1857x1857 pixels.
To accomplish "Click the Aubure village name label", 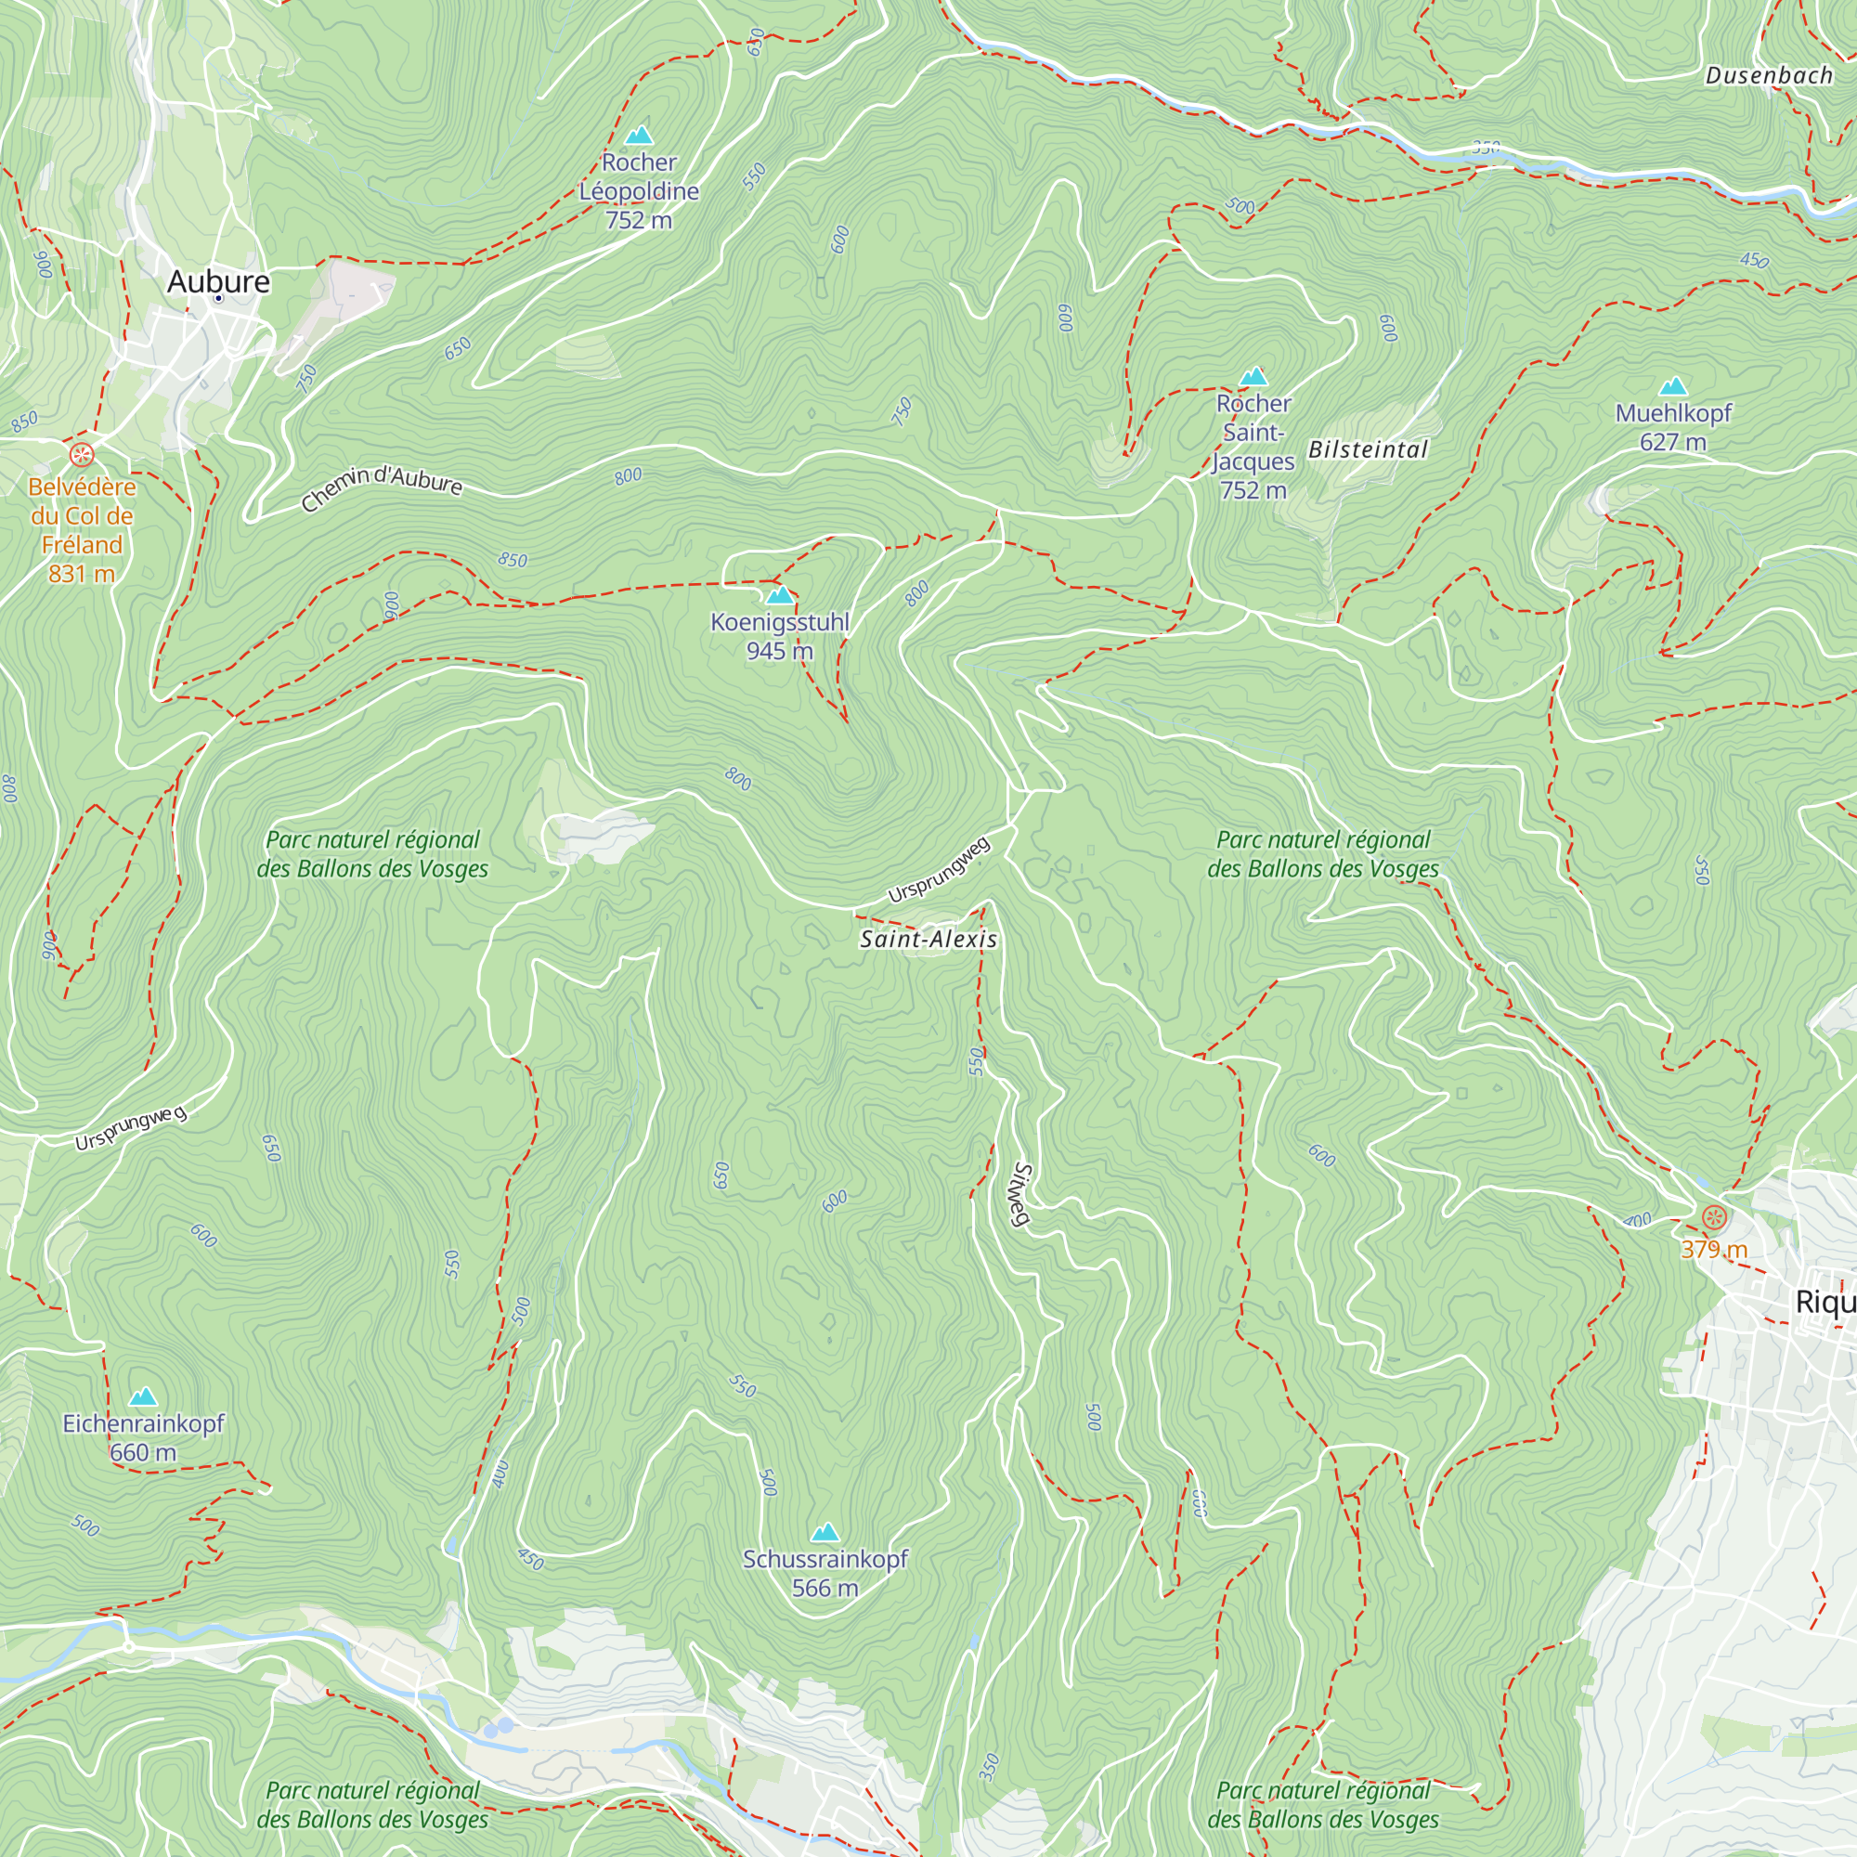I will click(218, 281).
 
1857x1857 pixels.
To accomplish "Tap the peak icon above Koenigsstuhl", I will click(780, 595).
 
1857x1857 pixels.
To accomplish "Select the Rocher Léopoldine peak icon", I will click(638, 136).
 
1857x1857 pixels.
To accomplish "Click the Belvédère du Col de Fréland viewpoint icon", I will click(82, 454).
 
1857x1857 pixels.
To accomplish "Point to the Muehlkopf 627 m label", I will click(1672, 428).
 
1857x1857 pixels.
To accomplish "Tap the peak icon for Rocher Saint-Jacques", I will click(1253, 376).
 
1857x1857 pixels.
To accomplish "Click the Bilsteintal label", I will click(1368, 449).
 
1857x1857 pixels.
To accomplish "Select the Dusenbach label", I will click(1769, 76).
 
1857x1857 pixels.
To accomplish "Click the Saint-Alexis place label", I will click(928, 939).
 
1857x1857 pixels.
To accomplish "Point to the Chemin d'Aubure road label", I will click(382, 488).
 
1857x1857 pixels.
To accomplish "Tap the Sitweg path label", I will click(1021, 1195).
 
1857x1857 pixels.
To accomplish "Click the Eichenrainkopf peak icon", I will click(143, 1396).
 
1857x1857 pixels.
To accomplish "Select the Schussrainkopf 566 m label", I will click(825, 1573).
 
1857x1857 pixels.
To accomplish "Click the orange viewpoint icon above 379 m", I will click(1714, 1218).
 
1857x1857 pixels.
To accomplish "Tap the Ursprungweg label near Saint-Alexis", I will click(938, 870).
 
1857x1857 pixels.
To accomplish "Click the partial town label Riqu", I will click(1825, 1303).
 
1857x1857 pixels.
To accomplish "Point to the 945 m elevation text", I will click(780, 652).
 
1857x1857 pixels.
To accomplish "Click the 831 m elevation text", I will click(82, 574).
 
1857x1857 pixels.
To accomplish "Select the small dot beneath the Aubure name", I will click(218, 299).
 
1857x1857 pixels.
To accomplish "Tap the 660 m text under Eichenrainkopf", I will click(143, 1452).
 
